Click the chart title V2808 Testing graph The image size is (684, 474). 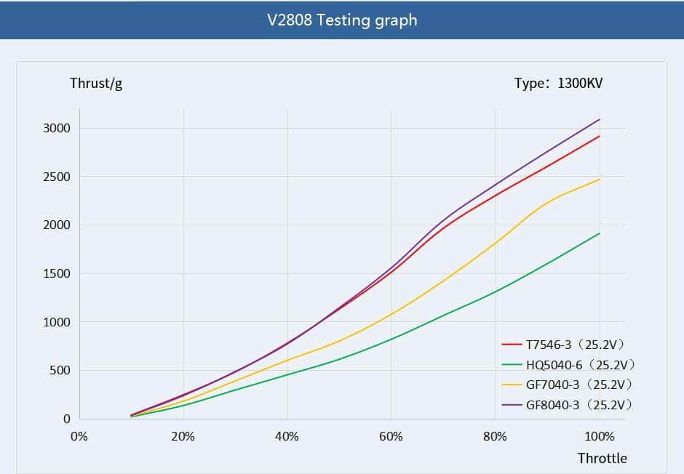pyautogui.click(x=342, y=20)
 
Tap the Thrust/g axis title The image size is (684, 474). pyautogui.click(x=96, y=83)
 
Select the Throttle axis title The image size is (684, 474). pyautogui.click(x=602, y=458)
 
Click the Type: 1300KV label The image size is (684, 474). pyautogui.click(x=558, y=83)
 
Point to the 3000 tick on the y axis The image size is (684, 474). pyautogui.click(x=57, y=129)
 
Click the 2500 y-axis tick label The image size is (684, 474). pyautogui.click(x=57, y=177)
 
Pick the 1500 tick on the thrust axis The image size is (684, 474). pyautogui.click(x=57, y=274)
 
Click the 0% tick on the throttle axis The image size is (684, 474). pyautogui.click(x=79, y=437)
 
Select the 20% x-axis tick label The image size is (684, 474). pyautogui.click(x=183, y=437)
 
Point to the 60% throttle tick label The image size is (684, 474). pyautogui.click(x=391, y=437)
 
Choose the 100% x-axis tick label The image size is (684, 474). pyautogui.click(x=600, y=437)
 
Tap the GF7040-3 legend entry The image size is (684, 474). pyautogui.click(x=568, y=385)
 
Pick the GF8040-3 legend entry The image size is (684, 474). pyautogui.click(x=568, y=405)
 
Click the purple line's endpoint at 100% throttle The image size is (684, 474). pyautogui.click(x=600, y=119)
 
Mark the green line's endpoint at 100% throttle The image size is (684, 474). pyautogui.click(x=600, y=233)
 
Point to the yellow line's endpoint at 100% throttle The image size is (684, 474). pyautogui.click(x=600, y=179)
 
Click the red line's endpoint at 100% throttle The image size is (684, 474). pyautogui.click(x=600, y=136)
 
